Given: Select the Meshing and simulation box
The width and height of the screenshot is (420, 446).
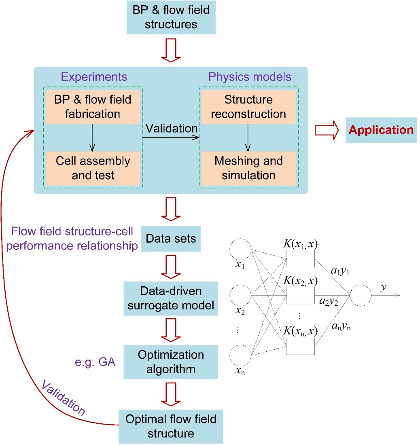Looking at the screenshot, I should (248, 168).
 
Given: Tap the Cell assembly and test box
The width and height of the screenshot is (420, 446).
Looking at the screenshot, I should (93, 168).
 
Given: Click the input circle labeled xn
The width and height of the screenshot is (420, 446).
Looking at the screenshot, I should (240, 355).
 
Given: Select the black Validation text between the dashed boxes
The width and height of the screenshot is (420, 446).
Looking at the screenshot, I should (172, 128).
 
